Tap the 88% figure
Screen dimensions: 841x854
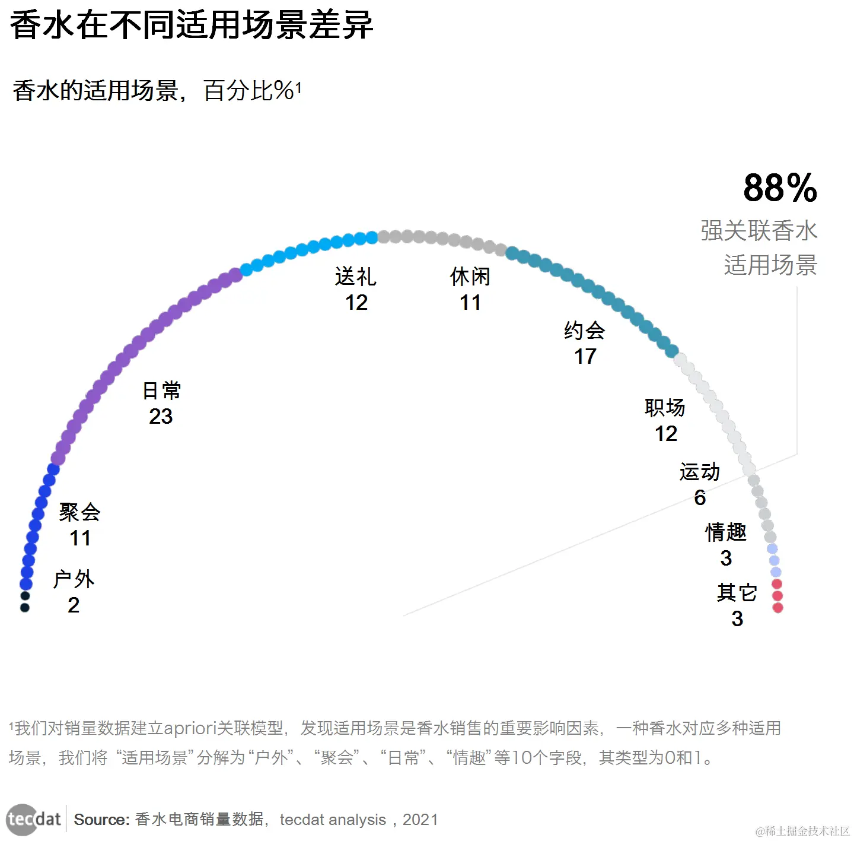point(780,188)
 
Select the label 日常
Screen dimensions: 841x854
point(161,391)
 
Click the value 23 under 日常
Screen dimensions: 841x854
point(161,417)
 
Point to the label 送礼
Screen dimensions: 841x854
point(355,277)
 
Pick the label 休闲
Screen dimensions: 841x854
point(470,277)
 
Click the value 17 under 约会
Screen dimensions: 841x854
point(585,357)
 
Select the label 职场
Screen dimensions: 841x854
point(665,408)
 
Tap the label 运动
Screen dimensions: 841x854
point(700,472)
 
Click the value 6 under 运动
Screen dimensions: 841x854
point(700,497)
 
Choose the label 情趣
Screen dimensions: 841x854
point(726,532)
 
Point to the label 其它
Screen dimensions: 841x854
point(737,592)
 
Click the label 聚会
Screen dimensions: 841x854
point(79,512)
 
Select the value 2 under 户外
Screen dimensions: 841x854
point(74,605)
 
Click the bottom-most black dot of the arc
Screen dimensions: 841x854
point(25,607)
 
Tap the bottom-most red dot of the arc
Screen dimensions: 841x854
point(778,608)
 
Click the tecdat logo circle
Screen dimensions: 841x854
point(22,820)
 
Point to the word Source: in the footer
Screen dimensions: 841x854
point(101,820)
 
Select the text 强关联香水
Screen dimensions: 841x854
point(759,231)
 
